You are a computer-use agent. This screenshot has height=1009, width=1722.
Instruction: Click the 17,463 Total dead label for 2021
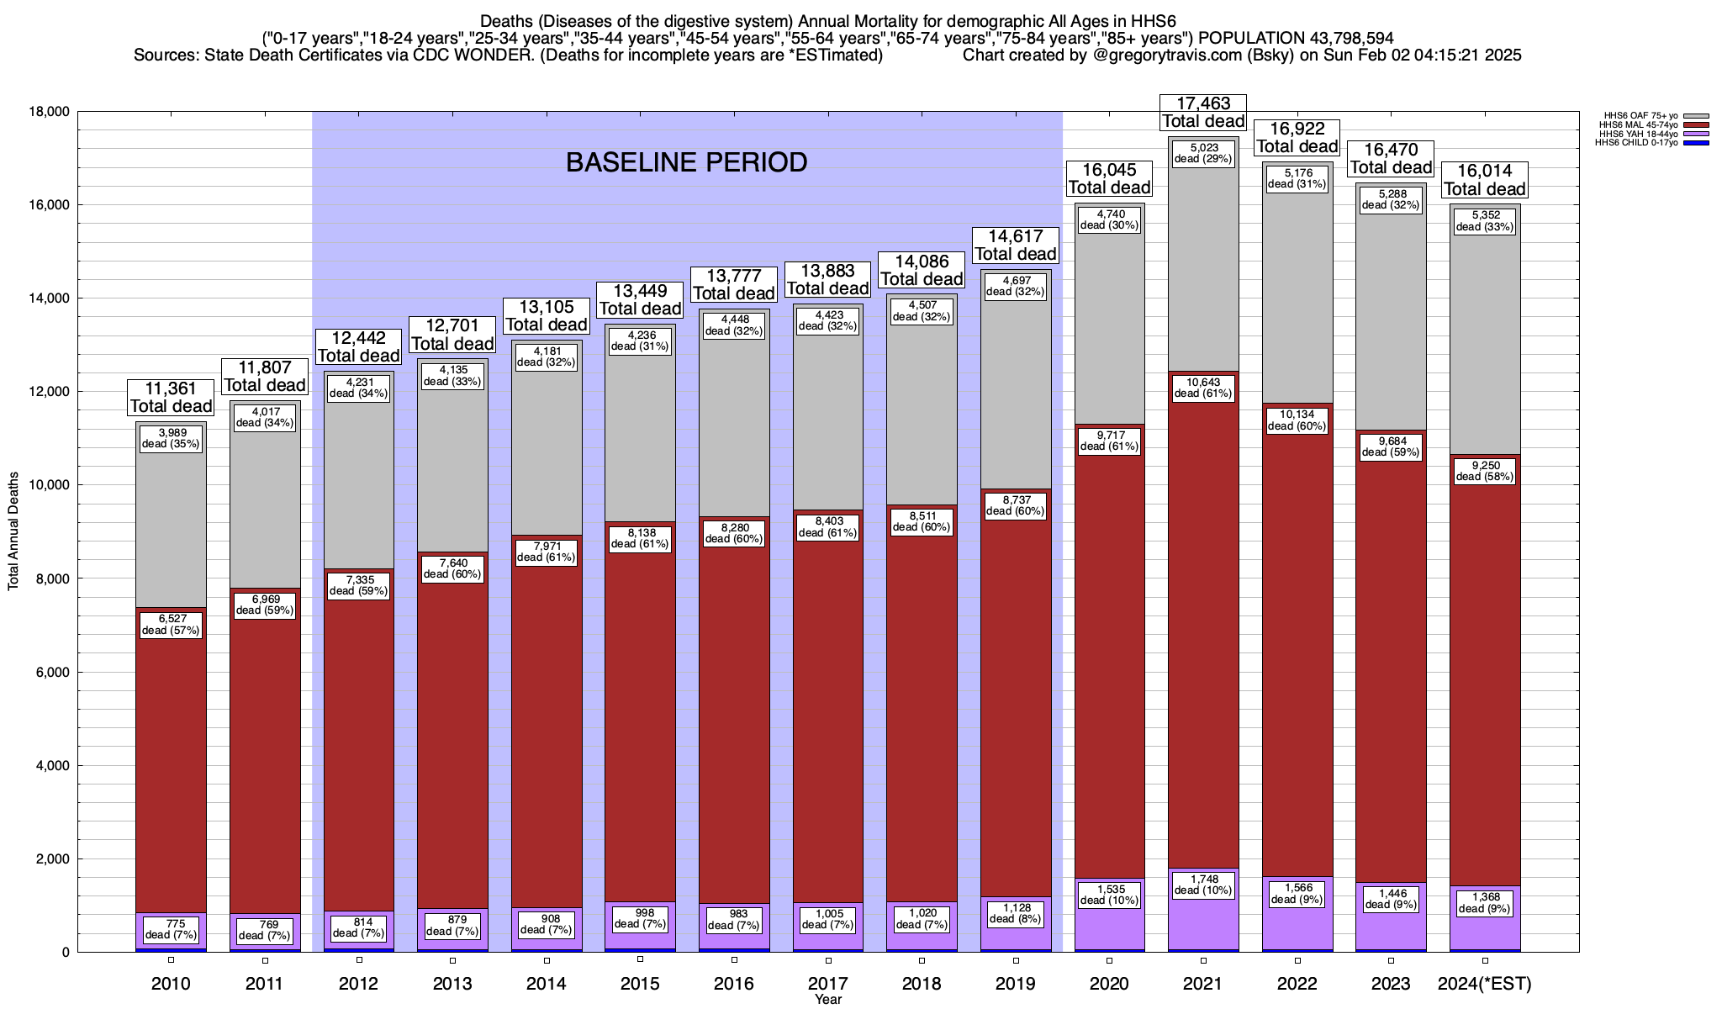[1202, 113]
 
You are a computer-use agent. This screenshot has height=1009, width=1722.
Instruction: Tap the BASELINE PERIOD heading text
[686, 162]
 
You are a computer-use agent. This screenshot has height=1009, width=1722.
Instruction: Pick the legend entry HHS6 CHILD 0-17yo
[1635, 142]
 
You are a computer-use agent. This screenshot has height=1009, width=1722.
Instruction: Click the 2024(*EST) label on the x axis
[1485, 984]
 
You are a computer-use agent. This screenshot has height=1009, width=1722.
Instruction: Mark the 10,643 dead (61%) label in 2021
[1203, 388]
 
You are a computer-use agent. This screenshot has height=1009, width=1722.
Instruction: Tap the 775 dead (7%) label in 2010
[171, 929]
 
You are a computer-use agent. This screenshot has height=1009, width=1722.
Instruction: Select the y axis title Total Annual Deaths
[13, 531]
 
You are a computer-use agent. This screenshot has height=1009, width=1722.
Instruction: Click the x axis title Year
[827, 1000]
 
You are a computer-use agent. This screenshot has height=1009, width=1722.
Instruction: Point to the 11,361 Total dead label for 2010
[171, 398]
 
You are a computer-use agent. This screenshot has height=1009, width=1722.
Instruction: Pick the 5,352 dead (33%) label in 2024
[1485, 221]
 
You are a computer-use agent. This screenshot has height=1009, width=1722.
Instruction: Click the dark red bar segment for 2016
[734, 715]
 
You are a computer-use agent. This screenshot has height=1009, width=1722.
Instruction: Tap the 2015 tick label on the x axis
[640, 984]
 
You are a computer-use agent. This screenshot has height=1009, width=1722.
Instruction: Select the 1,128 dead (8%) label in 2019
[1016, 913]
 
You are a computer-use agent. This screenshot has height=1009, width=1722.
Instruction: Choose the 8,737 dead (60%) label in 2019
[1016, 505]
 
